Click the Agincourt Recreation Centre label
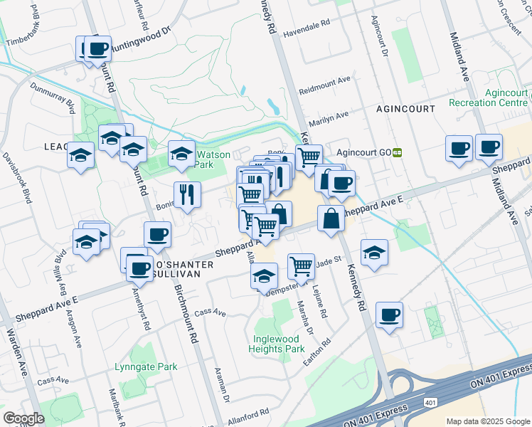click(488, 97)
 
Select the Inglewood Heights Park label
click(277, 344)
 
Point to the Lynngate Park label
click(145, 367)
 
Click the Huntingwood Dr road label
click(142, 36)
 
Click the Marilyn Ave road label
click(327, 116)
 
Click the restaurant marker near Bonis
click(187, 193)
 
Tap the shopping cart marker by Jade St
click(302, 266)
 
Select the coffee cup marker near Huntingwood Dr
click(97, 48)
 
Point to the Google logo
click(24, 418)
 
